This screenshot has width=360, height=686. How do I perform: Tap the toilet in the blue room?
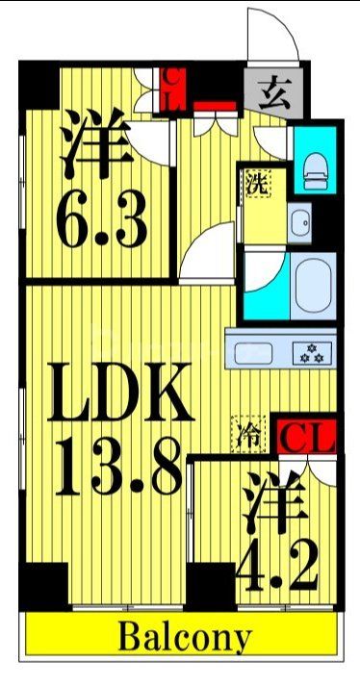click(315, 170)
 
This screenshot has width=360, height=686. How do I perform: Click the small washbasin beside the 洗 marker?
click(301, 222)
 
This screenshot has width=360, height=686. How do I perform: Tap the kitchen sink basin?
click(257, 351)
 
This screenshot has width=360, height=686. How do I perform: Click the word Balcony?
click(185, 636)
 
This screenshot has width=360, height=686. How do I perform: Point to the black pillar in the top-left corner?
click(39, 85)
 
